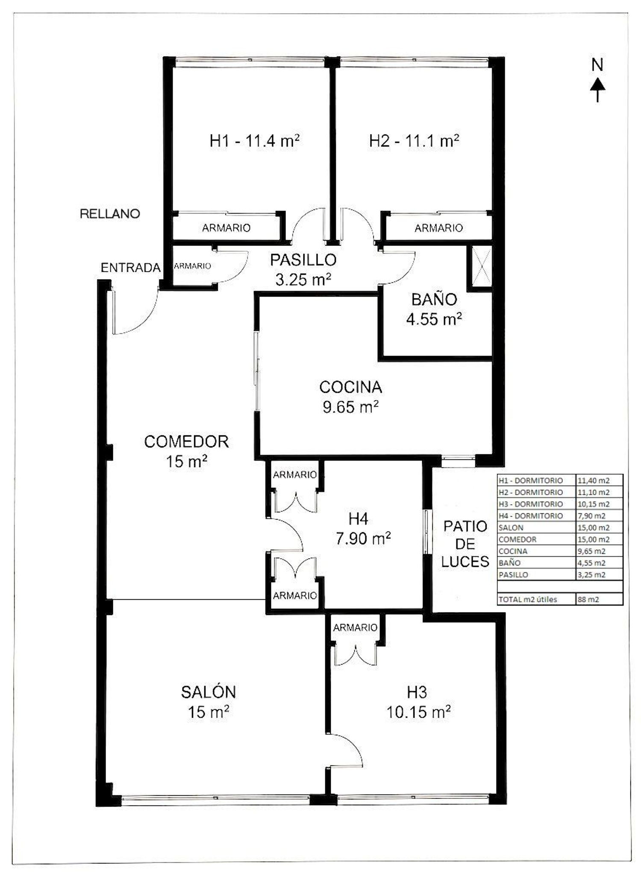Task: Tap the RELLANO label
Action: coord(110,214)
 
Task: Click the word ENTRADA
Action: coord(130,268)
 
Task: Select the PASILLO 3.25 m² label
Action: coord(303,269)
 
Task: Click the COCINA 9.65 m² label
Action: coord(350,397)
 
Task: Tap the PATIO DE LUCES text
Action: coord(465,544)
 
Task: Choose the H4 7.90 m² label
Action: coord(363,529)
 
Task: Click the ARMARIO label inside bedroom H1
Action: coord(226,228)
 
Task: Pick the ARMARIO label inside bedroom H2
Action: coord(438,228)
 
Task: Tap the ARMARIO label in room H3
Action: coord(355,627)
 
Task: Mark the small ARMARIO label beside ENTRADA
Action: coord(192,266)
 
